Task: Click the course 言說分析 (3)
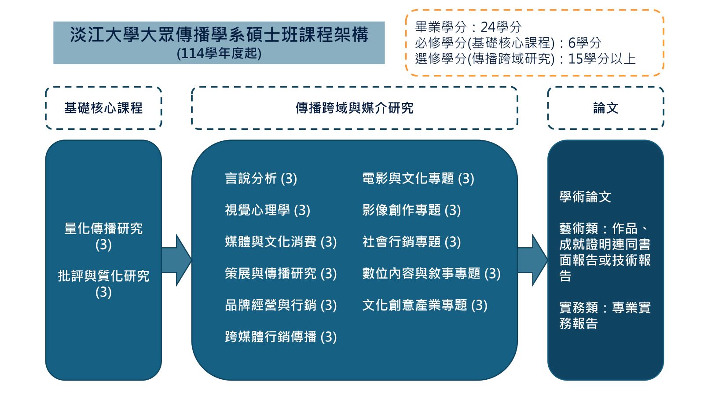pos(261,179)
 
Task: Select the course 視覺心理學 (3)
pos(268,210)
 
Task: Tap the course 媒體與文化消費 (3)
pos(281,242)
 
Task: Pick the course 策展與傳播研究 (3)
pos(281,273)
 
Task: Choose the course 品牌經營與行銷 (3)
pos(281,305)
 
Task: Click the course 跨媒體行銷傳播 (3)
pos(281,337)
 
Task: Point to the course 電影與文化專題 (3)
pos(418,179)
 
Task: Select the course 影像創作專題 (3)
pos(411,210)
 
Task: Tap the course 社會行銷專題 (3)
pos(411,242)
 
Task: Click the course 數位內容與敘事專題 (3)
pos(431,273)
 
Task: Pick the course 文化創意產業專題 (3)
pos(425,305)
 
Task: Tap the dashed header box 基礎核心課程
pos(103,108)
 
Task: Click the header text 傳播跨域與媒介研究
pos(354,108)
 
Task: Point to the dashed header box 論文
pos(605,108)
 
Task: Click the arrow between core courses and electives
pos(176,260)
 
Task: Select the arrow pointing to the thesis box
pos(532,260)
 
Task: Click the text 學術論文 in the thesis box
pos(585,197)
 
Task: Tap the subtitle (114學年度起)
pos(219,53)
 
